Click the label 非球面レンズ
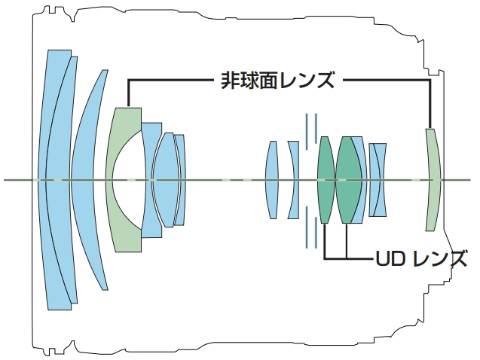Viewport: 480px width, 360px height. tap(277, 80)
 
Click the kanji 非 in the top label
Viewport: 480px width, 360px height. tap(230, 80)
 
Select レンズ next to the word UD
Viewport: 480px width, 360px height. tap(439, 259)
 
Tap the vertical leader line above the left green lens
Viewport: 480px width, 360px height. tap(129, 93)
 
